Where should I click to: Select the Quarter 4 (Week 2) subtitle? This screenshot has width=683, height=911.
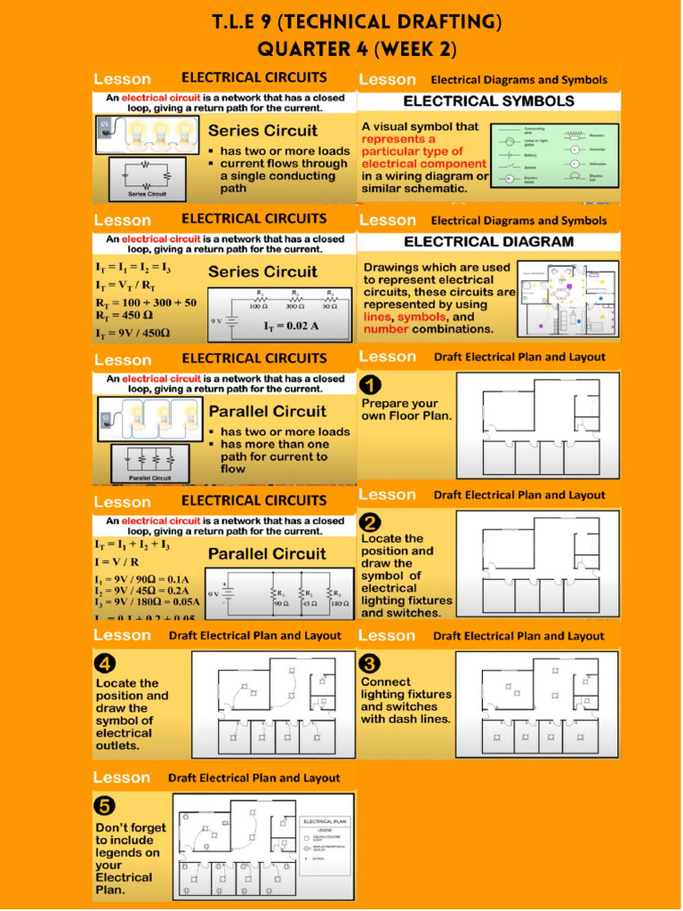(341, 48)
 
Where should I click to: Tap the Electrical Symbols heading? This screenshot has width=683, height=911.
(489, 101)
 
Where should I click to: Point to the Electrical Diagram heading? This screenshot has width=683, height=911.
(489, 242)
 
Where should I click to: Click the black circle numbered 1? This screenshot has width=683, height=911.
(372, 385)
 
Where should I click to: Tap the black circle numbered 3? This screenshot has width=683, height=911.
(372, 664)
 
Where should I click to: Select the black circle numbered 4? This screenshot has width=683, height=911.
(106, 664)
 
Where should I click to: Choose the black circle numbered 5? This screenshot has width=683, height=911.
(106, 806)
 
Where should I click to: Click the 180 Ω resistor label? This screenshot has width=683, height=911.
(339, 604)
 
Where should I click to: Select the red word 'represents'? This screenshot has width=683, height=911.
(398, 139)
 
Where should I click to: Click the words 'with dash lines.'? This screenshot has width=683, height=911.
(406, 719)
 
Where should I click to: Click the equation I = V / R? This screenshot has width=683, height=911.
(117, 562)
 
